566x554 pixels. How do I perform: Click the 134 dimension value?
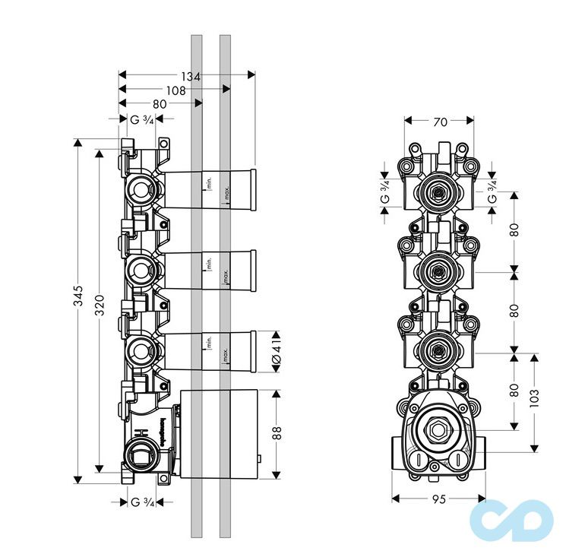pos(191,75)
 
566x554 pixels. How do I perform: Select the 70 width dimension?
pos(439,120)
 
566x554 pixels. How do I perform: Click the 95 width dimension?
pos(438,499)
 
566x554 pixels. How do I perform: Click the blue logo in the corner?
pos(511,521)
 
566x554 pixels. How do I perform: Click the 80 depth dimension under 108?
pos(160,103)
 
